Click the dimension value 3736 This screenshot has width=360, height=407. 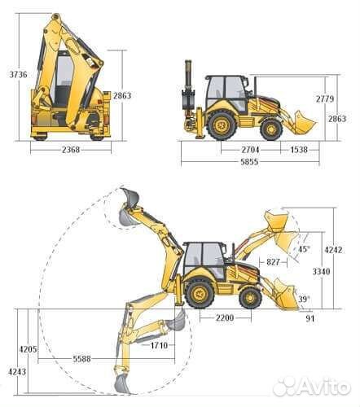(18, 74)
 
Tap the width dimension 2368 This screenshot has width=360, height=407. (71, 150)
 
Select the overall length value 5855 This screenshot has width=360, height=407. (249, 162)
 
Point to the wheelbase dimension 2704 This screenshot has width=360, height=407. (250, 150)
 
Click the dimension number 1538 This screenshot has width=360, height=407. (299, 150)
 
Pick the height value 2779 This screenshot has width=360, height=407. (325, 98)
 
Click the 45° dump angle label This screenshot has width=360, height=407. (304, 249)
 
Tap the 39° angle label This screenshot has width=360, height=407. (304, 299)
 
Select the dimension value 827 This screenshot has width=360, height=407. (273, 262)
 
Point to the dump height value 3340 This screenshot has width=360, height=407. (321, 271)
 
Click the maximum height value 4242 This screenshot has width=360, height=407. (333, 250)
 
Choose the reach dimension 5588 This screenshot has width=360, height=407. (81, 359)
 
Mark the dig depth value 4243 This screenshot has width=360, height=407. (17, 372)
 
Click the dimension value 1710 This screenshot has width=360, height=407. (159, 345)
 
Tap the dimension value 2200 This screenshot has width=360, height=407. (225, 317)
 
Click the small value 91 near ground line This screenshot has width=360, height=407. (310, 318)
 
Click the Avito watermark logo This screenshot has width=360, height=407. (311, 387)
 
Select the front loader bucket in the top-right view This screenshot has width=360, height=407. (304, 122)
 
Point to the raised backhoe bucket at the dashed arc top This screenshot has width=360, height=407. (130, 198)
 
